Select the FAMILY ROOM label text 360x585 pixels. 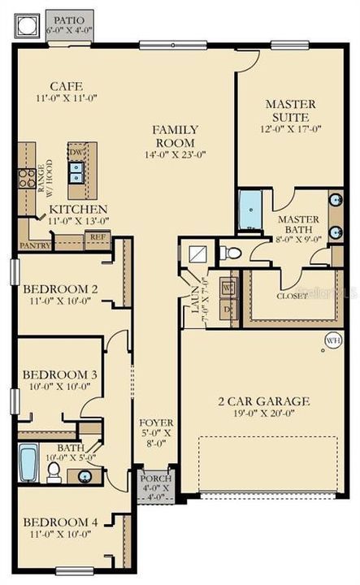176,136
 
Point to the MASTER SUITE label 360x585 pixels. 290,110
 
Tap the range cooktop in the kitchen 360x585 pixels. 27,177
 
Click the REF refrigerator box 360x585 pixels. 98,237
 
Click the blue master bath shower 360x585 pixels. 249,210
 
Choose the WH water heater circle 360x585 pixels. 332,340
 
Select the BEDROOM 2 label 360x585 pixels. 60,289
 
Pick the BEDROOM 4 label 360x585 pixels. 60,521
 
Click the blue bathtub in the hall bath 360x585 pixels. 28,464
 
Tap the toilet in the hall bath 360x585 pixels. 54,473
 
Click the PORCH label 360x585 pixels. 154,479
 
